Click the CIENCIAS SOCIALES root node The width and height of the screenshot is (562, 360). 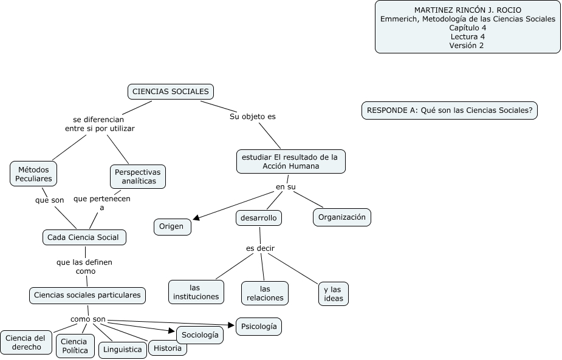coord(170,92)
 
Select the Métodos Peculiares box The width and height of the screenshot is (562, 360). coord(33,174)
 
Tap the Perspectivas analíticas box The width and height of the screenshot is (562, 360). coord(139,176)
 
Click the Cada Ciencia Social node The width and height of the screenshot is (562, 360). coord(84,237)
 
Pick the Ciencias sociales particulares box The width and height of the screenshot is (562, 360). coord(87,296)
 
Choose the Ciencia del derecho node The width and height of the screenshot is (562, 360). coord(26,342)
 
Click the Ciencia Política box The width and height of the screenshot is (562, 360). coord(75,346)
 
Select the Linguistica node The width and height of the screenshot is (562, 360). coord(122,349)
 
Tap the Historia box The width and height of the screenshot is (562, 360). coord(168,348)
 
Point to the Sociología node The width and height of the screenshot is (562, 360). coord(199,335)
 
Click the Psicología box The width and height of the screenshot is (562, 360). coord(258,326)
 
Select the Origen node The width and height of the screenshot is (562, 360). coord(171,226)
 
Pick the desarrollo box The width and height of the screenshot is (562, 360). coord(258,217)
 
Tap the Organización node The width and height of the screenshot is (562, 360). coord(342,217)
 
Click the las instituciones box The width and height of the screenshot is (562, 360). coord(196,292)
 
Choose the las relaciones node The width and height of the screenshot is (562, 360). coord(264,293)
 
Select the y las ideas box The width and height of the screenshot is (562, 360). coord(334,294)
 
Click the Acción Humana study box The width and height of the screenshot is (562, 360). coord(290,161)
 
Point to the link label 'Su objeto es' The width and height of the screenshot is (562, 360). coord(252,116)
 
